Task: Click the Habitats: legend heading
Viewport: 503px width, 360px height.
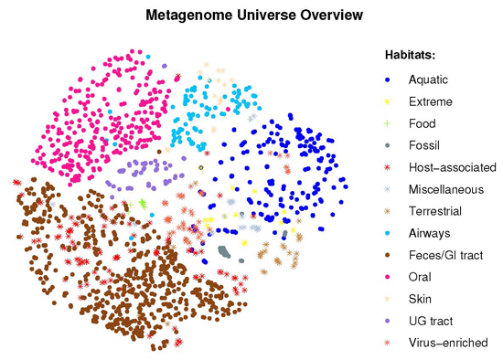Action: coord(410,55)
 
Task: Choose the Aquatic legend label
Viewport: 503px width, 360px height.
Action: coord(428,79)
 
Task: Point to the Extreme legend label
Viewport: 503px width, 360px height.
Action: coord(431,101)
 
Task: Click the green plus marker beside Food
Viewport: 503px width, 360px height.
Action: coord(388,123)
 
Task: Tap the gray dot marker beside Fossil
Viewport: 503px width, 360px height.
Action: coord(388,145)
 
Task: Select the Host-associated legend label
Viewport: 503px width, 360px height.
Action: coord(453,167)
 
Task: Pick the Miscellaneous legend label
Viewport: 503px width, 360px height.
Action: coord(446,189)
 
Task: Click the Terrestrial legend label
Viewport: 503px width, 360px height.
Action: coord(435,211)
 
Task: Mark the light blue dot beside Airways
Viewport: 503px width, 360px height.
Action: coord(388,233)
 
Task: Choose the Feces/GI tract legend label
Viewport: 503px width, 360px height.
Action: coord(446,255)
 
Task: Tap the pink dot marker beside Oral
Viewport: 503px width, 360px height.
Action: coord(388,277)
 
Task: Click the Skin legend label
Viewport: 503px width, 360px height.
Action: coord(420,299)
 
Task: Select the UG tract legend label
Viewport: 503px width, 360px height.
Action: coord(431,321)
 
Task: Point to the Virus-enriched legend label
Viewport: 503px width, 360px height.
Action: coord(448,343)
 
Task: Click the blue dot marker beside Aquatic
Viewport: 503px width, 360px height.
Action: coord(388,79)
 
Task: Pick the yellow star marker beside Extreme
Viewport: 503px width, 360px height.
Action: coord(388,101)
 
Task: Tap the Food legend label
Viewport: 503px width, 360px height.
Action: coord(423,123)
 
